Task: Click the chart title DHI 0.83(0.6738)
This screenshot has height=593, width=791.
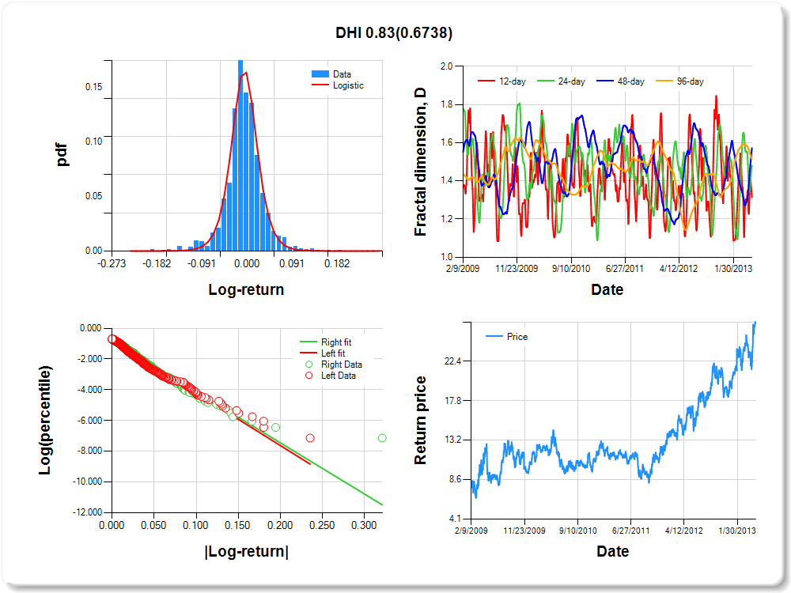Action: tap(394, 32)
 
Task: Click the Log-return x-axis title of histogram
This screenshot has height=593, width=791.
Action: tap(246, 289)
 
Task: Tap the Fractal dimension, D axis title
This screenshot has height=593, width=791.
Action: tap(422, 161)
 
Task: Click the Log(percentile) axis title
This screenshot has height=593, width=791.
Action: tap(45, 420)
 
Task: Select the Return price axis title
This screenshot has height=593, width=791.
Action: tap(422, 420)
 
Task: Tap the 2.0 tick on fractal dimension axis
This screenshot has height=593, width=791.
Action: tap(446, 66)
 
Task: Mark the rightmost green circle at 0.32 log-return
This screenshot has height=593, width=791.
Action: tap(382, 438)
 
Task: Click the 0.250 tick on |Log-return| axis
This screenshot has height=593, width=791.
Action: tap(322, 525)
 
